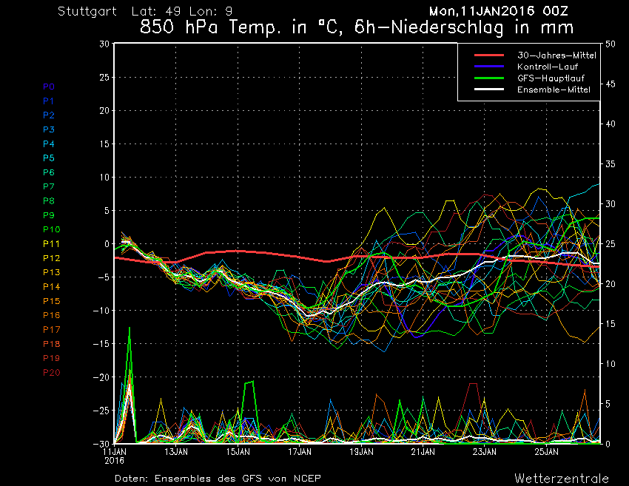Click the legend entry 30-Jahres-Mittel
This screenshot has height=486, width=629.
click(x=556, y=55)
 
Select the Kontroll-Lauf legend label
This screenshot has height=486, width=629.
click(x=548, y=67)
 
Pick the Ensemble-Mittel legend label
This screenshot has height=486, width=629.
click(x=554, y=90)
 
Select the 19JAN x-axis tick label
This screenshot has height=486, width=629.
click(x=360, y=450)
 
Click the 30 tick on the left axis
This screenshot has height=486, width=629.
click(x=104, y=44)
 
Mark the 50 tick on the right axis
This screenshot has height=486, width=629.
click(x=610, y=44)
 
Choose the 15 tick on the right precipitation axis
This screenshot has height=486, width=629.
click(x=610, y=324)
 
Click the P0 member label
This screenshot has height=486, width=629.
click(x=49, y=87)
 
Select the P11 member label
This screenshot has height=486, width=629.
click(x=51, y=243)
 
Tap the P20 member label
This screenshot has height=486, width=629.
click(x=51, y=372)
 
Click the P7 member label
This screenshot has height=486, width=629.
click(x=49, y=186)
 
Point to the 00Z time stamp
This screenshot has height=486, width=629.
click(x=559, y=12)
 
